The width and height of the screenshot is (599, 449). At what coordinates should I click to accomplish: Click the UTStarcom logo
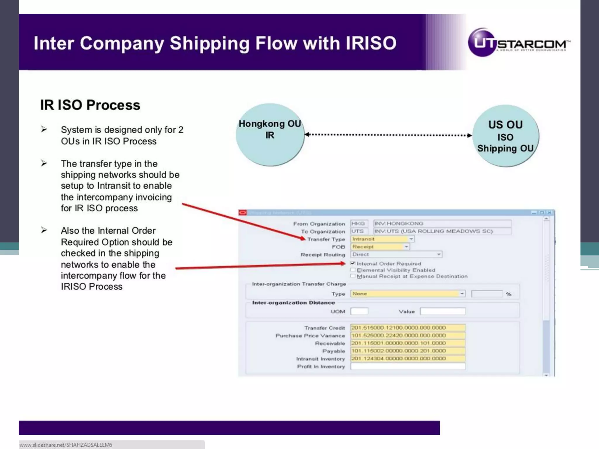[519, 43]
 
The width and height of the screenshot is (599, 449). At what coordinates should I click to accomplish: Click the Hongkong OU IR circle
[270, 135]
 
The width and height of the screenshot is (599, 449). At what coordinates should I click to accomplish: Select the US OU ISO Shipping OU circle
[505, 136]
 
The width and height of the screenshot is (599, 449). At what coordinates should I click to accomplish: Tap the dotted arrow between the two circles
[388, 135]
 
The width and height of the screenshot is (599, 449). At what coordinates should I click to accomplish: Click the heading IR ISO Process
[90, 105]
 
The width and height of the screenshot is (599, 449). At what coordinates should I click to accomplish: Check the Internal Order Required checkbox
[353, 263]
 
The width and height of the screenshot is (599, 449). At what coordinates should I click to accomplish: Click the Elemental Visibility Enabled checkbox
[353, 270]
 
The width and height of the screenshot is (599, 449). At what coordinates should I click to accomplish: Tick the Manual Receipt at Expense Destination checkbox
[353, 276]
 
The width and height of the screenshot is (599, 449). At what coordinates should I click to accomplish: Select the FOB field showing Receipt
[380, 247]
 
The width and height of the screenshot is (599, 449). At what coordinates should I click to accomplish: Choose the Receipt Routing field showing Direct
[396, 255]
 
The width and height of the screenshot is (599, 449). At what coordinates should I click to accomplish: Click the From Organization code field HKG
[359, 224]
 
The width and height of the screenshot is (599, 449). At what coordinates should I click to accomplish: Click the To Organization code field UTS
[358, 231]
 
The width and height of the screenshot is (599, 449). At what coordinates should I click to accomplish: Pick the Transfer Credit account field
[408, 328]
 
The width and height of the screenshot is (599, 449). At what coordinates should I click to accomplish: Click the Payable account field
[408, 351]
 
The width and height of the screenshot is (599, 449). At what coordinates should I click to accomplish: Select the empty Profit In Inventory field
[408, 366]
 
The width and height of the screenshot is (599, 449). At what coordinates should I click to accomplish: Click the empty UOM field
[359, 311]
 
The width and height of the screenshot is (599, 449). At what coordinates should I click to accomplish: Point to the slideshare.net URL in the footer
[66, 445]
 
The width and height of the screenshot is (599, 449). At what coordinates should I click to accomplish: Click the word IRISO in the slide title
[371, 43]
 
